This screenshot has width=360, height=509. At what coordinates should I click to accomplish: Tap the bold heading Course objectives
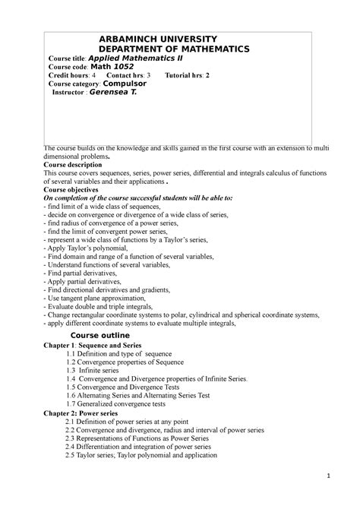pyautogui.click(x=75, y=189)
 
